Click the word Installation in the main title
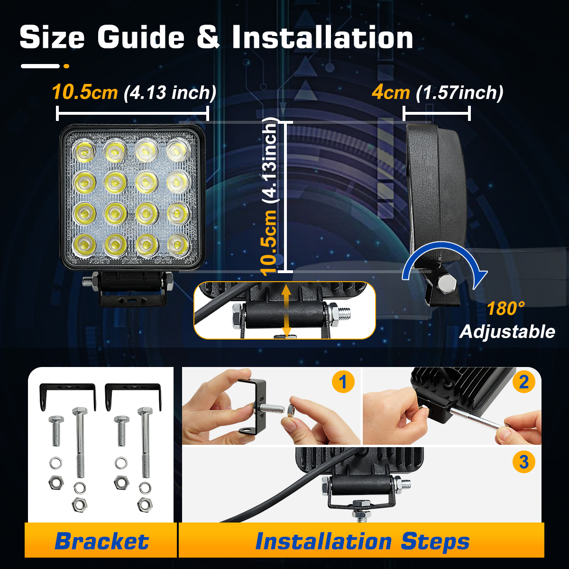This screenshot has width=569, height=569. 322,37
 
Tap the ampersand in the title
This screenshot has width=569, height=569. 208,37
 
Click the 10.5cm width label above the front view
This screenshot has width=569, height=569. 84,92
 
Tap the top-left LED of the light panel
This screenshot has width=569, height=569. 84,152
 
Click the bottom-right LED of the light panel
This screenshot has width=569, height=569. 178,245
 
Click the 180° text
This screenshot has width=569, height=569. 505,309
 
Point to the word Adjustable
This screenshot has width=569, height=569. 507,331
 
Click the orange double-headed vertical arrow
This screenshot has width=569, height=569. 286,310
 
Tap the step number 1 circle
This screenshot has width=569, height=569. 343,382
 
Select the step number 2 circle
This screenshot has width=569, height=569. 523,382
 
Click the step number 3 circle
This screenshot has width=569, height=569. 523,462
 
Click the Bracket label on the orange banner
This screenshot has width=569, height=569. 101,541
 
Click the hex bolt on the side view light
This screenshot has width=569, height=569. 447,284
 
